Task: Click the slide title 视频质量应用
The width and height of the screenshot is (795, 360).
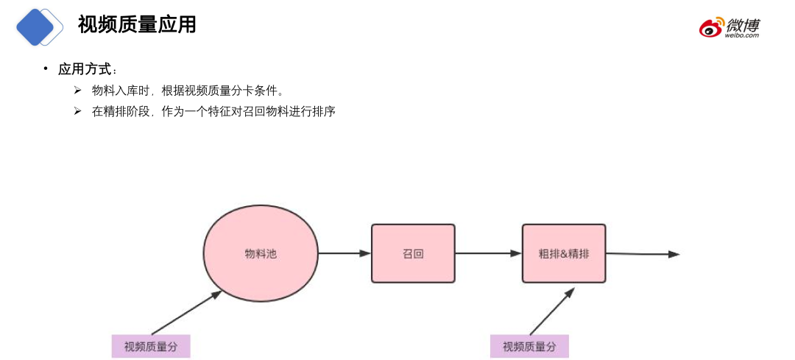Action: [x=137, y=24]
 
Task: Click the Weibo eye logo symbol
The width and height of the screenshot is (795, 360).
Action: [x=711, y=28]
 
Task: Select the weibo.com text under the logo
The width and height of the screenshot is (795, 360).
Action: [x=741, y=35]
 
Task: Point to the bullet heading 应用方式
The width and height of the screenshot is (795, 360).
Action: [x=85, y=69]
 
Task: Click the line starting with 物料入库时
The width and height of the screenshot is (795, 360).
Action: [x=188, y=91]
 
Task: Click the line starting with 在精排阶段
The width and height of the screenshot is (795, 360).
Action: [x=213, y=112]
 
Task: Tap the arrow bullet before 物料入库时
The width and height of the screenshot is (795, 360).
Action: [x=77, y=90]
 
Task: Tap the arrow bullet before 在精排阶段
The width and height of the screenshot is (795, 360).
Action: [x=77, y=111]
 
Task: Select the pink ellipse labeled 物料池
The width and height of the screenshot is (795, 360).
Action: [x=261, y=253]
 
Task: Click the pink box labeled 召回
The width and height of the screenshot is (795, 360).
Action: [x=413, y=253]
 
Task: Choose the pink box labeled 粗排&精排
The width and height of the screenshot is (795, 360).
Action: [x=564, y=253]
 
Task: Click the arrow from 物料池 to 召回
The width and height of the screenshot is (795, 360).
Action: [x=344, y=253]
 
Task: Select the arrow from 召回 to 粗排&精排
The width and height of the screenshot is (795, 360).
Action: [x=488, y=253]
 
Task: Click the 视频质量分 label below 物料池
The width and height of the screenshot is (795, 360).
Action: [x=151, y=347]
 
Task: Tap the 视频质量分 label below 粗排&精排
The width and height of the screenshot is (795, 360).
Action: [x=529, y=347]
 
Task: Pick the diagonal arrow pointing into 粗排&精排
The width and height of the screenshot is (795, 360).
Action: [x=551, y=311]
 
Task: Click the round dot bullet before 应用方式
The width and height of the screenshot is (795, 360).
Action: [x=46, y=68]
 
